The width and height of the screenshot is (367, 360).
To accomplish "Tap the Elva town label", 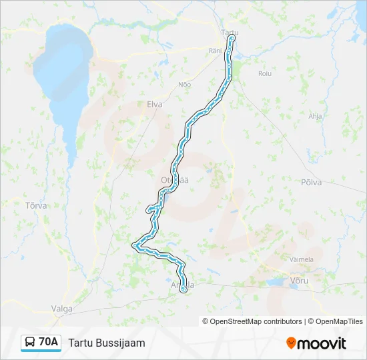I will click(x=154, y=104).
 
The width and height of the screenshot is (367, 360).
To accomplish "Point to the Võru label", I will click(x=300, y=281).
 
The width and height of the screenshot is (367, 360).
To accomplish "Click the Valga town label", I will click(x=61, y=309).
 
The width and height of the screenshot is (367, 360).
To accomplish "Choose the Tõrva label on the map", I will click(x=35, y=205).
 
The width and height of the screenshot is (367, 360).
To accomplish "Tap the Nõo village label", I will click(x=184, y=84).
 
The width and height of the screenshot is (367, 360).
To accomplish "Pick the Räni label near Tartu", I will click(x=215, y=51).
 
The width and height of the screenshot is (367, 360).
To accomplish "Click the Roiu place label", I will click(x=265, y=73).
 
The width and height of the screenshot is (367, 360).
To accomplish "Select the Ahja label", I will click(x=315, y=115).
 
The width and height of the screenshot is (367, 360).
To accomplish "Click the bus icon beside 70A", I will click(x=30, y=343).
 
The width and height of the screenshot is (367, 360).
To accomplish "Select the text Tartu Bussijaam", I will click(x=106, y=343).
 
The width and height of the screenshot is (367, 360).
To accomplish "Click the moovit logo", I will click(x=316, y=343).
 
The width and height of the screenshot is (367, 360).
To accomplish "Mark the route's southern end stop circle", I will click(x=183, y=289).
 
